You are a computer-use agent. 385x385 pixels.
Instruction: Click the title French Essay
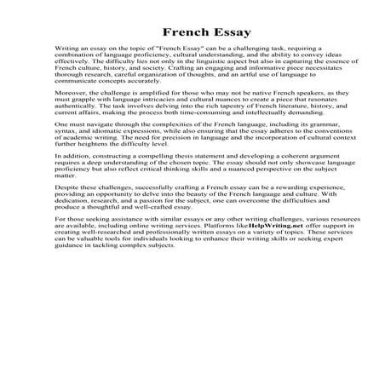coord(192,32)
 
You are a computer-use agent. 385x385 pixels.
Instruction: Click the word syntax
coord(64,158)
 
